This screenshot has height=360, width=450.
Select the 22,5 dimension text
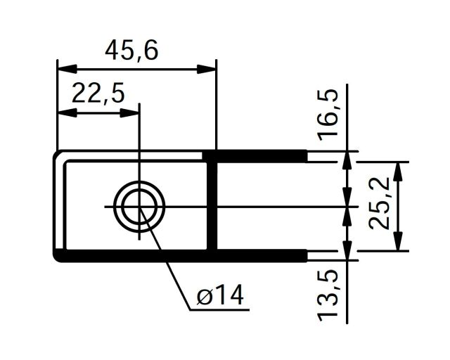[x=97, y=93]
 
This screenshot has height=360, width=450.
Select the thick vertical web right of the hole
[x=213, y=204]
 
